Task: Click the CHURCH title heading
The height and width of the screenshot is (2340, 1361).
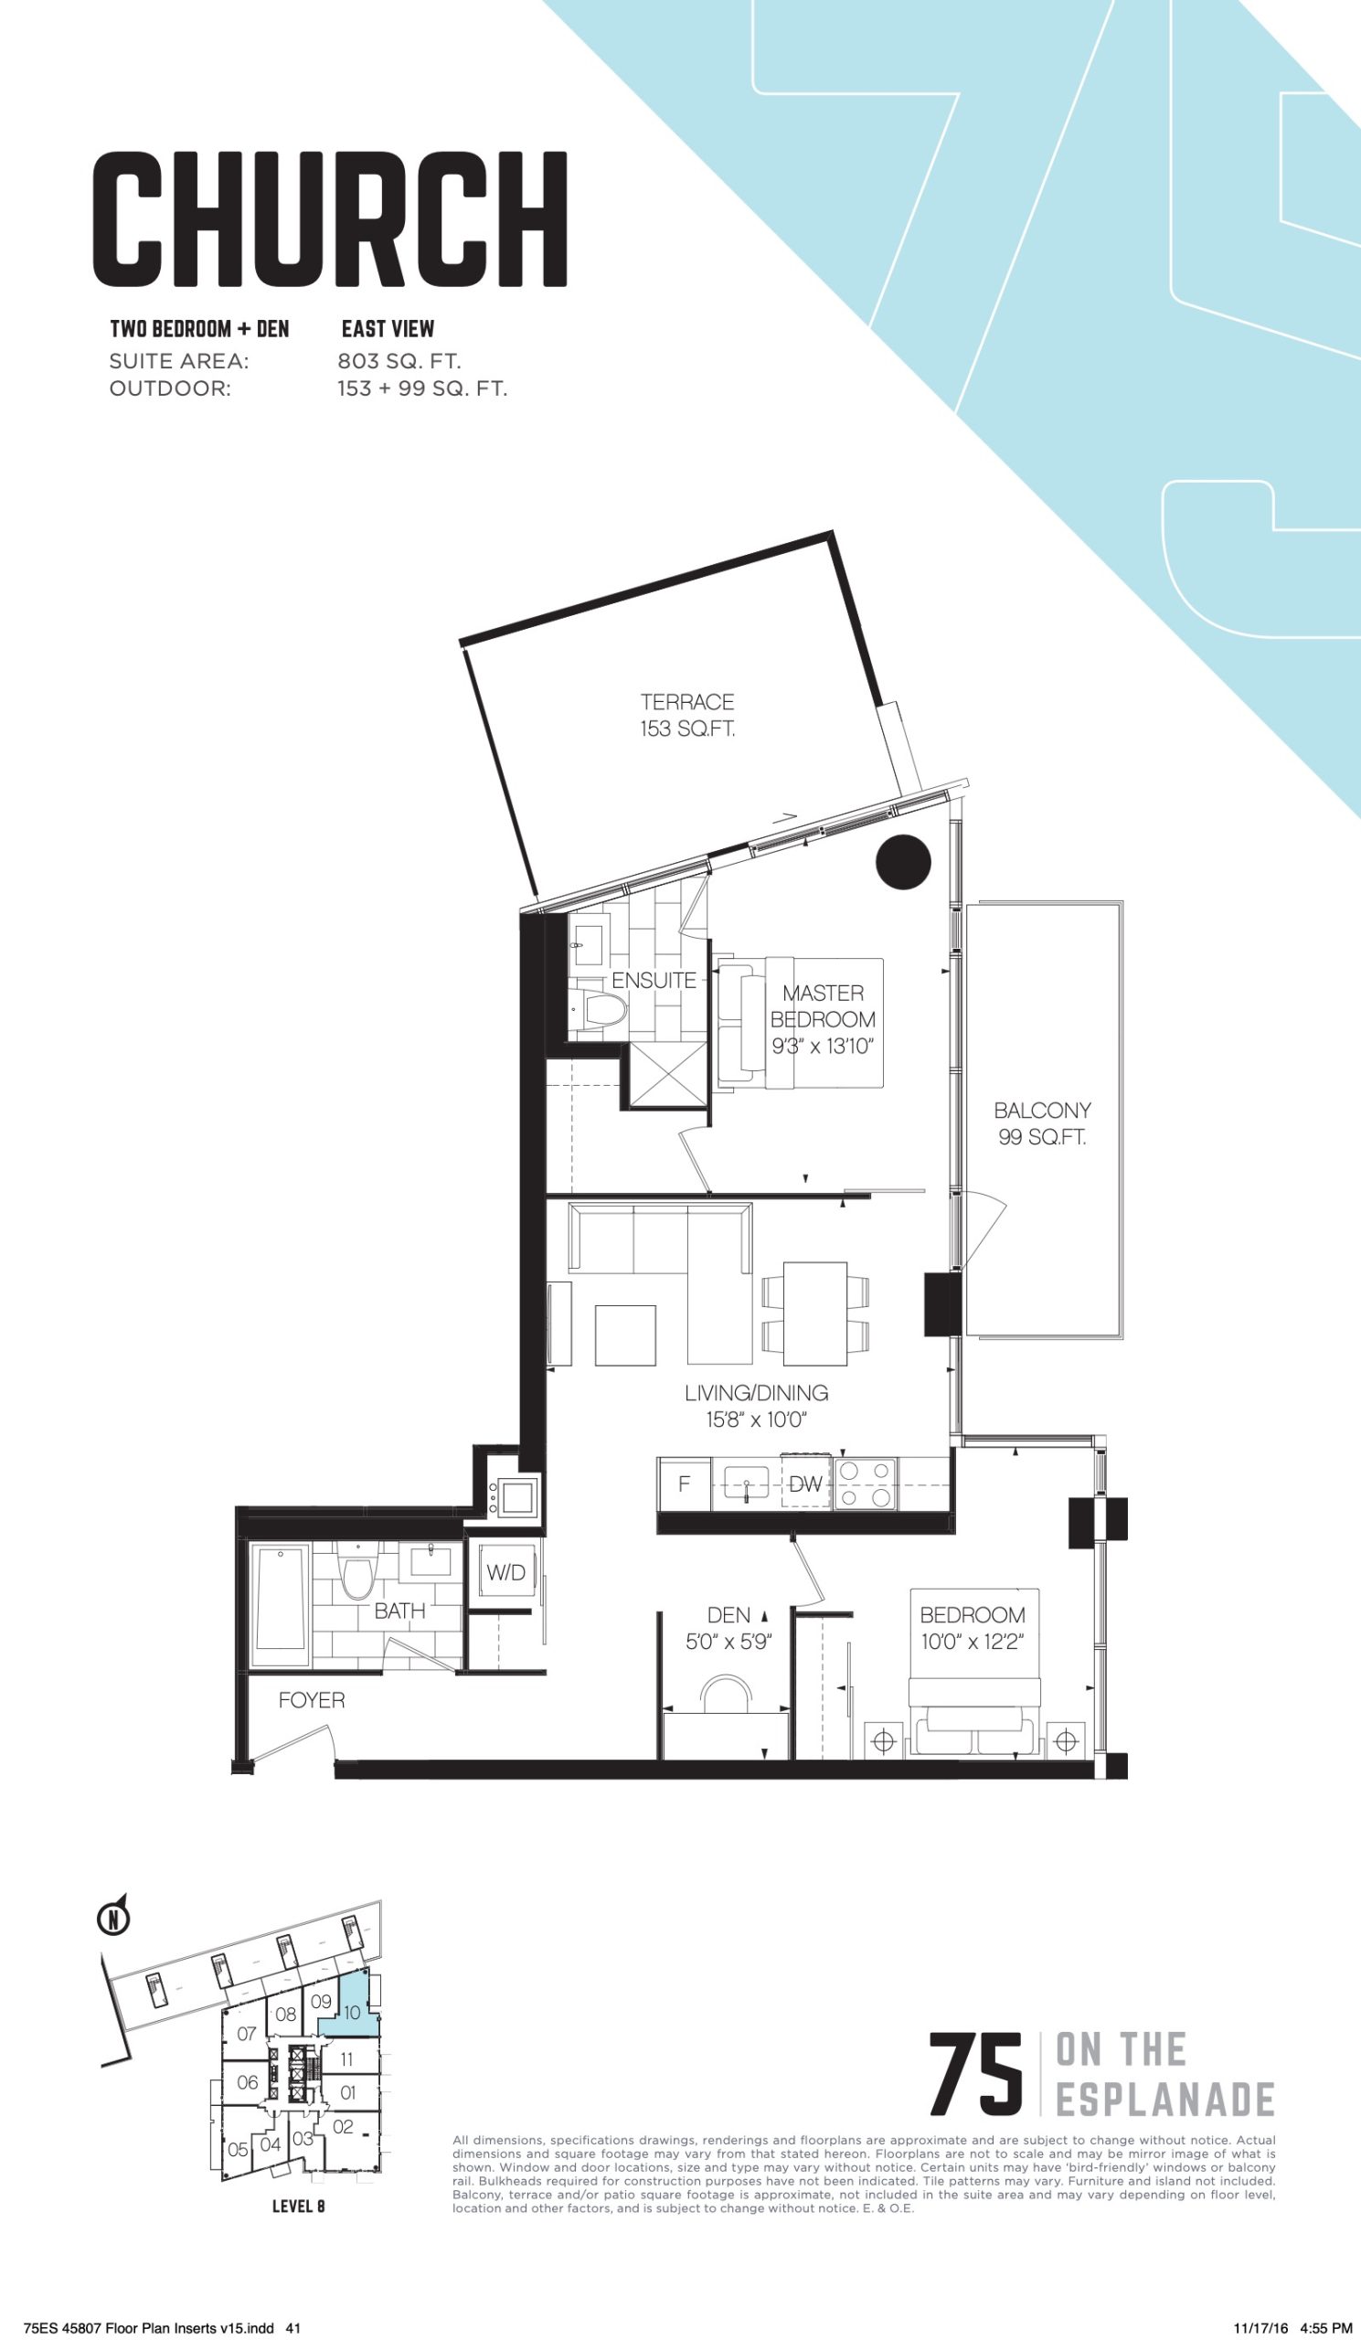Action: click(330, 219)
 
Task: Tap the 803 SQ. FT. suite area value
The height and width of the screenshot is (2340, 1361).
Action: click(399, 360)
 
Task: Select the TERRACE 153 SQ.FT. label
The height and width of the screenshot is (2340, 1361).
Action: click(687, 715)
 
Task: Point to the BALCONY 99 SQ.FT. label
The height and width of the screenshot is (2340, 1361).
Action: click(1043, 1123)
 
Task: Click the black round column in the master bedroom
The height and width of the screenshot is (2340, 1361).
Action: click(903, 862)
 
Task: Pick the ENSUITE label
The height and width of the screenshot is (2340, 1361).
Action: click(654, 980)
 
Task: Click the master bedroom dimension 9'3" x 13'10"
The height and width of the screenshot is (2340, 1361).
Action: click(823, 1047)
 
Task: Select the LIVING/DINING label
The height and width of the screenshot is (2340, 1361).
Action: click(757, 1393)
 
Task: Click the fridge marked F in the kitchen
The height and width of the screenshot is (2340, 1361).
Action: click(685, 1484)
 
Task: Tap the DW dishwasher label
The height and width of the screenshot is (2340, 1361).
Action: click(805, 1484)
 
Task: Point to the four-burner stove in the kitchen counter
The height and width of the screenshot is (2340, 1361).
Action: click(865, 1484)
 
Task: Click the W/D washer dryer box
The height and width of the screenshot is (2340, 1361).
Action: click(505, 1572)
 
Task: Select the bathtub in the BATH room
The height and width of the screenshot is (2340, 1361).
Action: click(281, 1606)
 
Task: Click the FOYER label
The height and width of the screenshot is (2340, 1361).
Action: click(311, 1699)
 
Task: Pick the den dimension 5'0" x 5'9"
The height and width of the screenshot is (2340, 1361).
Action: click(728, 1642)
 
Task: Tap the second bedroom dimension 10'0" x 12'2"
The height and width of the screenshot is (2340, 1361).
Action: click(972, 1642)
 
